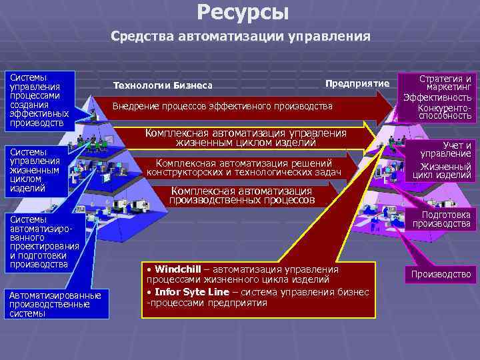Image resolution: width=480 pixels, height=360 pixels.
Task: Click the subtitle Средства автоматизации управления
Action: pos(241,36)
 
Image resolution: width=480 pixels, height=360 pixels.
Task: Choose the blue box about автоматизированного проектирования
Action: pos(43,242)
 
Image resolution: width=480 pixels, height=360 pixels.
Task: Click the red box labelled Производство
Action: pos(441,274)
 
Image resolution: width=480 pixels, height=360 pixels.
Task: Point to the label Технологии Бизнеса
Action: pos(163,85)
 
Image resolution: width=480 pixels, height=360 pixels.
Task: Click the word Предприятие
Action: pos(357,83)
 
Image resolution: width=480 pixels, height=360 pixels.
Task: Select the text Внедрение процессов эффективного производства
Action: pos(223,106)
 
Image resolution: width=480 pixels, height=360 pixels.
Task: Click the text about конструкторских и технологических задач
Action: pos(244,173)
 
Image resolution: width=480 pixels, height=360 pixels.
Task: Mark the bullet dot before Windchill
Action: pos(149,269)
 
